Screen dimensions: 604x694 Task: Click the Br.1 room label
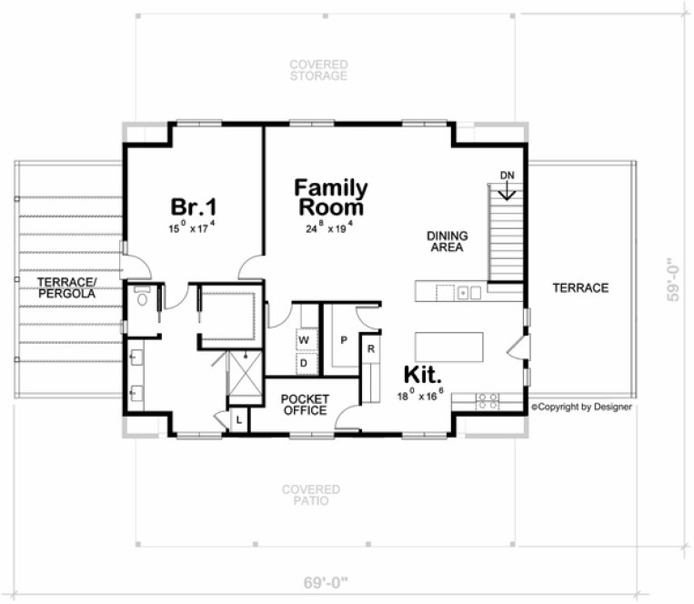192,206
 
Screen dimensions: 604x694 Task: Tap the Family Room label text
331,197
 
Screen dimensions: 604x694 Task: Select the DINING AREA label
448,241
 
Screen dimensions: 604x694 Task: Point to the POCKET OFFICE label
304,405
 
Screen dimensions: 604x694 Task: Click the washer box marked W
303,340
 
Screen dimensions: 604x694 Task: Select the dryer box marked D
303,363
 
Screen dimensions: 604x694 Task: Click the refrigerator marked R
371,347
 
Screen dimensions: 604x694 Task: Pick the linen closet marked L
237,419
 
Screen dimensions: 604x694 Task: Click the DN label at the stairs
507,175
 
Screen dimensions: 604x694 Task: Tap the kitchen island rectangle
449,347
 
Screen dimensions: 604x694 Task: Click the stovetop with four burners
488,398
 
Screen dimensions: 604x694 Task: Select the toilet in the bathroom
141,297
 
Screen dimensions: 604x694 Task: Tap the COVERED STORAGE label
318,70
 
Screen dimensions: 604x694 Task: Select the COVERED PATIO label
311,495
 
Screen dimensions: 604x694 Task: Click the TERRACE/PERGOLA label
66,287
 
